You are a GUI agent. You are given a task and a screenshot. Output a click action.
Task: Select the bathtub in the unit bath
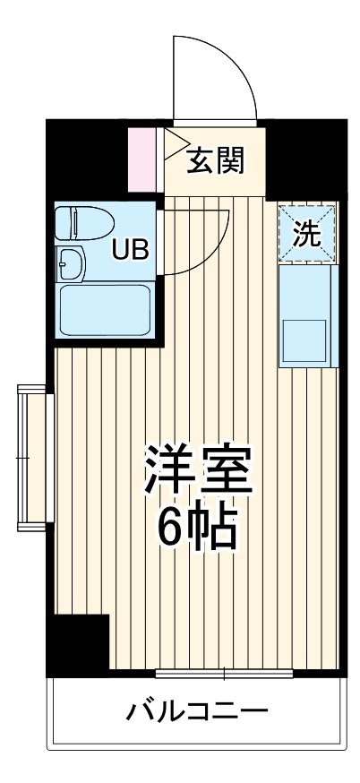click(103, 309)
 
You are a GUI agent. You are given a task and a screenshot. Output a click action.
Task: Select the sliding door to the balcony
click(223, 672)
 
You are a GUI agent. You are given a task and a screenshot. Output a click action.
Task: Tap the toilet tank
click(62, 222)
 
